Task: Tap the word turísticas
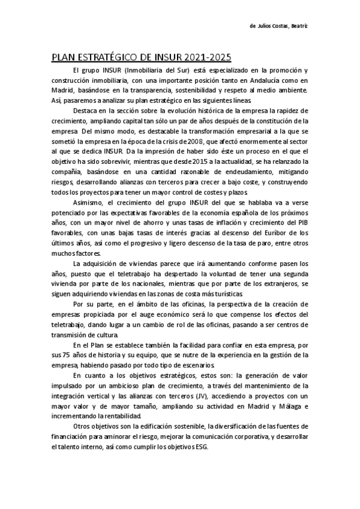[x=225, y=294]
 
